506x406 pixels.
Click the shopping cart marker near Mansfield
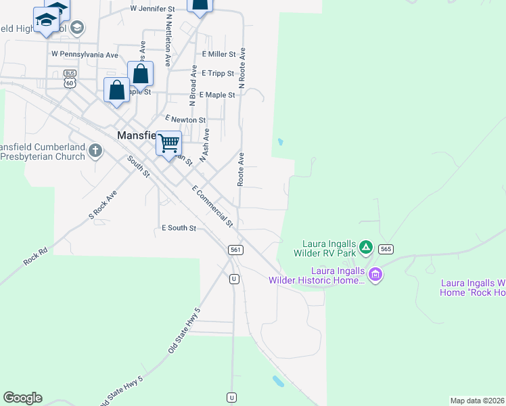tap(169, 143)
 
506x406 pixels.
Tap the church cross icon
tap(95, 150)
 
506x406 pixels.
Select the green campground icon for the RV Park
tap(365, 247)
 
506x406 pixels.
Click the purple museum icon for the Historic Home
tap(375, 275)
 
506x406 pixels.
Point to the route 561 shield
tap(235, 250)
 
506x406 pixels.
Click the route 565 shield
tap(386, 248)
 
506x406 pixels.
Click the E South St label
tap(179, 228)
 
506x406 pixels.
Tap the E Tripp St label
tap(217, 73)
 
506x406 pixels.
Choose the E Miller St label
tap(218, 54)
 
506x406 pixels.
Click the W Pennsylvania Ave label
tap(85, 53)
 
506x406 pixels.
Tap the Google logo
tap(22, 398)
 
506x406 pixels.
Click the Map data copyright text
tap(478, 401)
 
